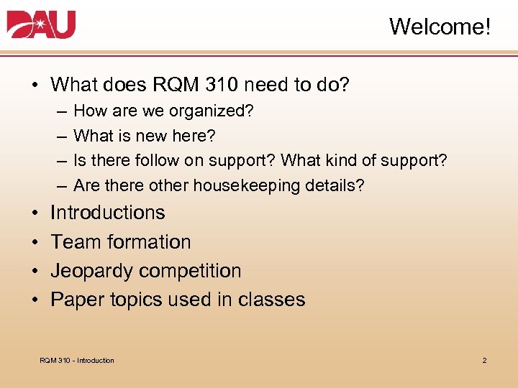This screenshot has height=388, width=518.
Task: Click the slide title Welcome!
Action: (440, 27)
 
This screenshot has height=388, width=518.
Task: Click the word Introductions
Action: (107, 213)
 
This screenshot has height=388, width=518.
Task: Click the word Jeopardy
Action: (91, 271)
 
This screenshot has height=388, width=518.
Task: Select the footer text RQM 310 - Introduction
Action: (77, 360)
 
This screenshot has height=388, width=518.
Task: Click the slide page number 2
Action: (484, 360)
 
